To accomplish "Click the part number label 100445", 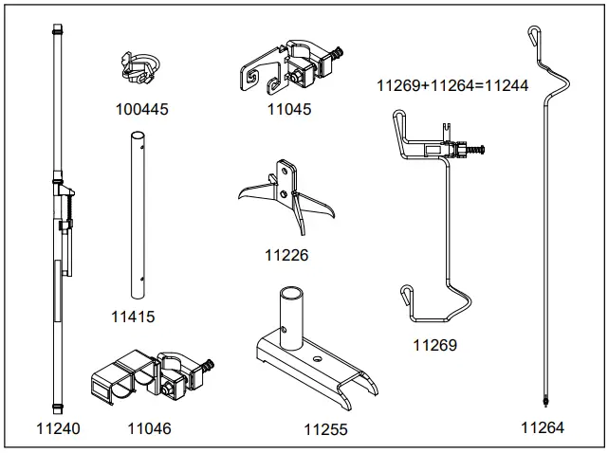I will (x=141, y=109).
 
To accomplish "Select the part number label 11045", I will (x=289, y=109).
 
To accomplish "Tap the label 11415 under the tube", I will (x=133, y=317).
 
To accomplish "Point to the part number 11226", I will (x=286, y=255).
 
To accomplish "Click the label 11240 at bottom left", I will (x=58, y=428).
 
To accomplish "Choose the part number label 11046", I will (x=150, y=428).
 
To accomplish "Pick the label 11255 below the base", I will (x=325, y=429).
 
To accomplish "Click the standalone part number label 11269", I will (x=434, y=345).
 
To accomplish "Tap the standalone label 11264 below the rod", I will (x=543, y=427).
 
